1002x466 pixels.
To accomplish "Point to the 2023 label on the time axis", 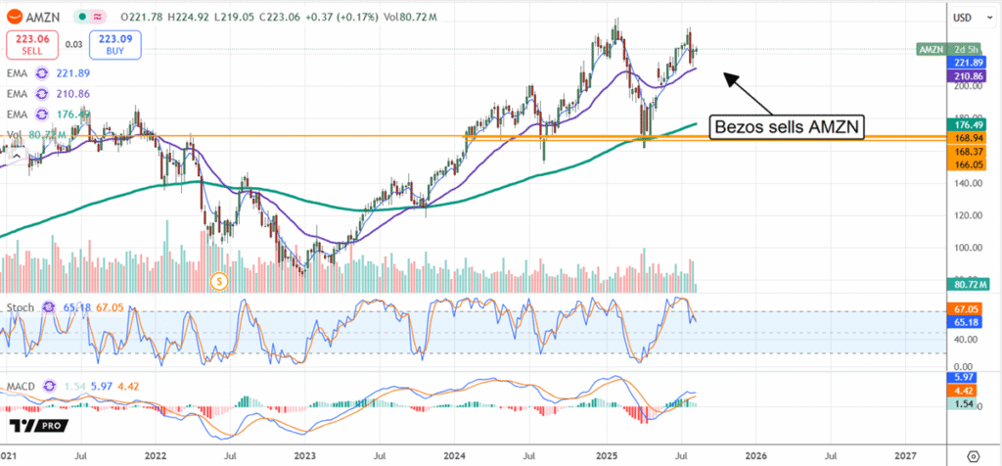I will (x=305, y=455).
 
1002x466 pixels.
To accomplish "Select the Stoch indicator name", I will (x=21, y=307).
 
